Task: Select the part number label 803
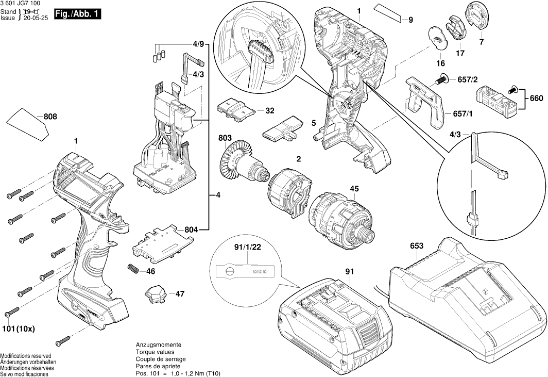pyautogui.click(x=225, y=138)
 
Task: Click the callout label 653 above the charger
pyautogui.click(x=417, y=246)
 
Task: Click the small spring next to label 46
pyautogui.click(x=133, y=269)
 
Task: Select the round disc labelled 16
pyautogui.click(x=437, y=39)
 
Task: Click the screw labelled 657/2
pyautogui.click(x=441, y=79)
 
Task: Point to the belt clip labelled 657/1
pyautogui.click(x=427, y=101)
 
